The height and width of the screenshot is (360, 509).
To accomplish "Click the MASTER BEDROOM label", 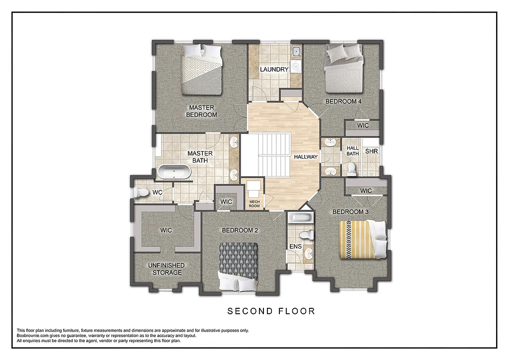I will coord(201,111).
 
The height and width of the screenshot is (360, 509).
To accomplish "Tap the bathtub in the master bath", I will coord(174,173).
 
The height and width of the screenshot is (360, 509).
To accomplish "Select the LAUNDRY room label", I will coord(274,69).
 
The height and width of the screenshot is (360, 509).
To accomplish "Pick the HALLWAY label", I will coord(305,157).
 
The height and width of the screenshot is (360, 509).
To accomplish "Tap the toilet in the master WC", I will coord(141,192).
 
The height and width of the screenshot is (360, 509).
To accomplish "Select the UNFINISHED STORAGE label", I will coord(166,269).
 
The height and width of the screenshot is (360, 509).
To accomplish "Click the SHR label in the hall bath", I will coord(371,151).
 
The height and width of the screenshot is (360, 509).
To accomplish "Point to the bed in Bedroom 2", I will coord(239,266).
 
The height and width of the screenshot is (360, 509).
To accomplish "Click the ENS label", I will coord(295,246).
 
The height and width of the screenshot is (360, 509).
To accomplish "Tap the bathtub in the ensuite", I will coord(301,218).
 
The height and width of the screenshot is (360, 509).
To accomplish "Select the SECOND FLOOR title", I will coord(271,311).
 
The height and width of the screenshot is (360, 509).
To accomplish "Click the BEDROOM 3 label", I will coord(350,212).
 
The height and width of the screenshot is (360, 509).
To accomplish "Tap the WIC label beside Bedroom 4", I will coord(363,125).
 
